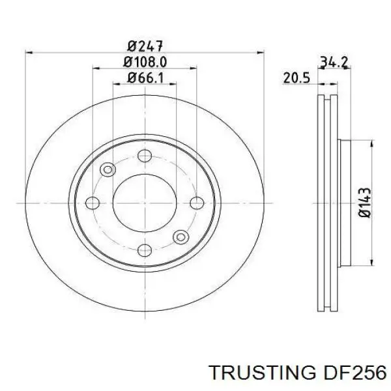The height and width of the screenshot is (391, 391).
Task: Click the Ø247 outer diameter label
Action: (145, 46)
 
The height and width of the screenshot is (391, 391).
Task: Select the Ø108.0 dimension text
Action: (145, 63)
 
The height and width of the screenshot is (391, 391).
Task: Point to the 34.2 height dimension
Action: (334, 63)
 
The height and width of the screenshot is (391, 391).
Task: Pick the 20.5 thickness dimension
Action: (295, 78)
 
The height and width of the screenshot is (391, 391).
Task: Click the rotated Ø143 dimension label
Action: (365, 203)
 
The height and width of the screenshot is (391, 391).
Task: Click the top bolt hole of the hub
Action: (145, 156)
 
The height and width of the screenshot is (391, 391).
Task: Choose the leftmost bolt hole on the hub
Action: (98, 203)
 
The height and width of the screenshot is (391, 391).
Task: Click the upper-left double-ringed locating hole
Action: (108, 169)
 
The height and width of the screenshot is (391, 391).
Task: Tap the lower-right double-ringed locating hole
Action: (180, 236)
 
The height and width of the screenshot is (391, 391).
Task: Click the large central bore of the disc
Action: (145, 203)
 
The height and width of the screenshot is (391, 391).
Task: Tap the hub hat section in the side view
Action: (345, 203)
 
